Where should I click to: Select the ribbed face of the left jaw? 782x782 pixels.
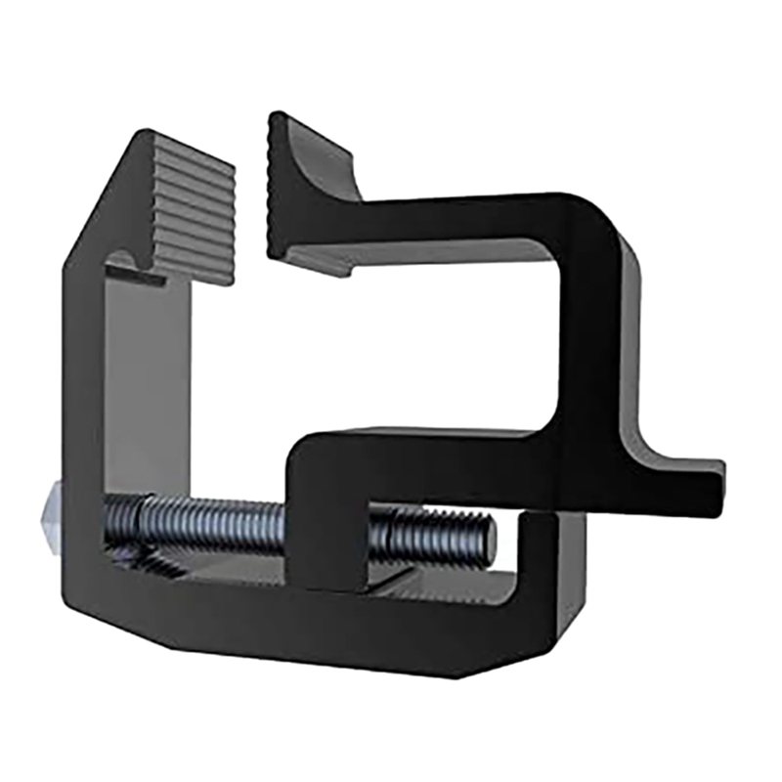click(x=195, y=215)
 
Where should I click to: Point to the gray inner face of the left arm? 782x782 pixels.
click(x=147, y=391)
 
